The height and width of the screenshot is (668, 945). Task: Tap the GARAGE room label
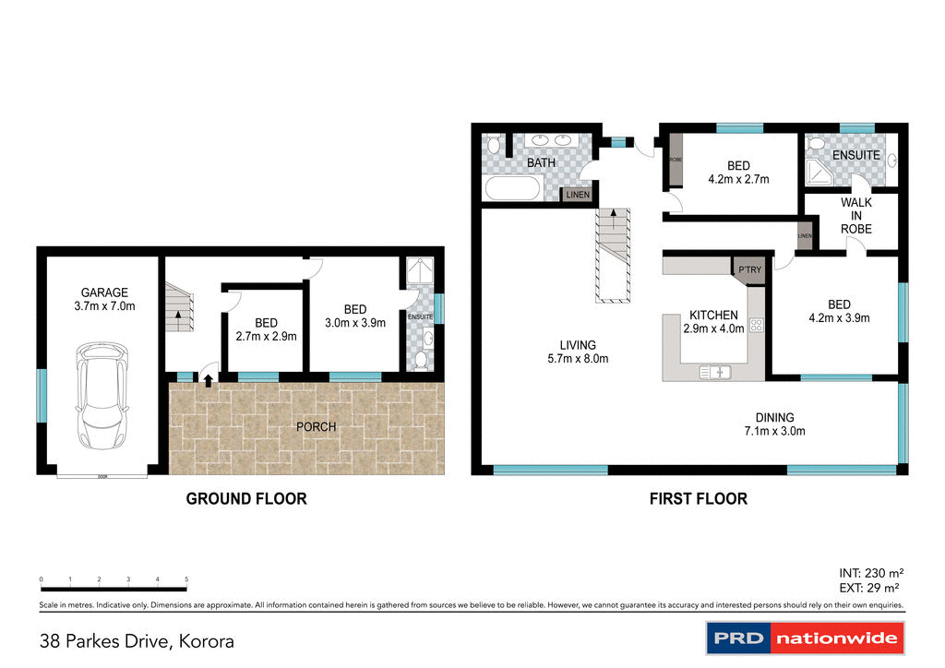point(102,292)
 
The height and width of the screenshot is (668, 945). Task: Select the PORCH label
point(317,427)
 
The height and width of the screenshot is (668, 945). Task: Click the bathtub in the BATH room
point(512,189)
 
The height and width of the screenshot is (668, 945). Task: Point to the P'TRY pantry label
point(748,268)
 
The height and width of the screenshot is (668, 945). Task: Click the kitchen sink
point(715,372)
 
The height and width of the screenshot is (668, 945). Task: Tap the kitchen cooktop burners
point(756,324)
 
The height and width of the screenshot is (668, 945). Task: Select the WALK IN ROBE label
point(855,216)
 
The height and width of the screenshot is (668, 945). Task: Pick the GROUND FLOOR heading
point(246,499)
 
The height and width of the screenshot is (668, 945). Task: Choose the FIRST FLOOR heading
point(698,499)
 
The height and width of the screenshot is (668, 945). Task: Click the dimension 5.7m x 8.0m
point(578,359)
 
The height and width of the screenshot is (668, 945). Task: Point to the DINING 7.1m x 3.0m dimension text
point(775,431)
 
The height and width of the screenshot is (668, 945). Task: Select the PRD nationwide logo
point(805,638)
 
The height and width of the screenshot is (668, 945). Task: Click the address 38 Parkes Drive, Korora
point(137,640)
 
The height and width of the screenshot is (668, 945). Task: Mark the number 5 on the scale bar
point(186,579)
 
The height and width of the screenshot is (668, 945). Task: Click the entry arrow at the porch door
point(209,378)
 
